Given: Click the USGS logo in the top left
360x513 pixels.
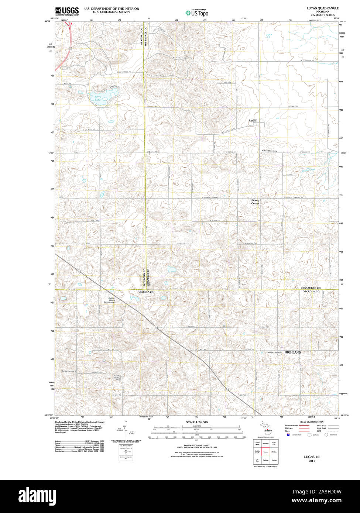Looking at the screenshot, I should click(67, 11).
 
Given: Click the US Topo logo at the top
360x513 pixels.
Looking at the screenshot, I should click(197, 13).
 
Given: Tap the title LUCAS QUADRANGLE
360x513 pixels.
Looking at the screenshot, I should click(322, 8).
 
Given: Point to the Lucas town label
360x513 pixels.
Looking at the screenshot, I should click(252, 121).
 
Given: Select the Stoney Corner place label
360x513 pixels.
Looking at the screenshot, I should click(255, 202).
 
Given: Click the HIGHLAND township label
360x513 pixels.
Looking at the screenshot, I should click(292, 352).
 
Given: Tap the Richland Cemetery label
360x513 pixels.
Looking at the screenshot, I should click(269, 151).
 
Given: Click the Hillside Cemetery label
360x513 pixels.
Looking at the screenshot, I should click(274, 353).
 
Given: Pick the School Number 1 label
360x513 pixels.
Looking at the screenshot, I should click(69, 371).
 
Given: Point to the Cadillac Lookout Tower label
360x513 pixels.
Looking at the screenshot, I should click(117, 378).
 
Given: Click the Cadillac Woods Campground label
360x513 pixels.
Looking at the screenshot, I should click(109, 300).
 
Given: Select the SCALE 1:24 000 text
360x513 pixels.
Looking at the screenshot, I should click(197, 422).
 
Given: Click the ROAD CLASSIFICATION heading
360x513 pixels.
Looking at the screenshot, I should click(312, 422).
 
